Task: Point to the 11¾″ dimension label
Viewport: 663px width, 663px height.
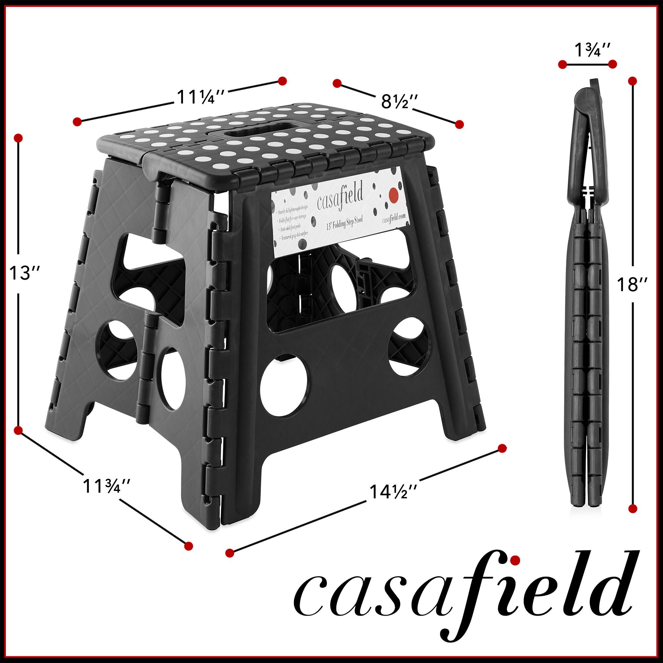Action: pos(106,486)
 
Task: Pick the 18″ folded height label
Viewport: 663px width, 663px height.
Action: pos(632,284)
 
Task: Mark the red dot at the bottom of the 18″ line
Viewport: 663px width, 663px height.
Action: pos(633,509)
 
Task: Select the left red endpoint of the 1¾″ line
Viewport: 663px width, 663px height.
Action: pos(562,65)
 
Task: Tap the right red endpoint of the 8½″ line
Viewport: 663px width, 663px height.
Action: pos(459,125)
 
